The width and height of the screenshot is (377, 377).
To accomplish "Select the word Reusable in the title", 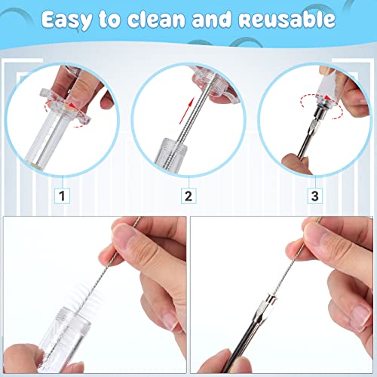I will (286, 20).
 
